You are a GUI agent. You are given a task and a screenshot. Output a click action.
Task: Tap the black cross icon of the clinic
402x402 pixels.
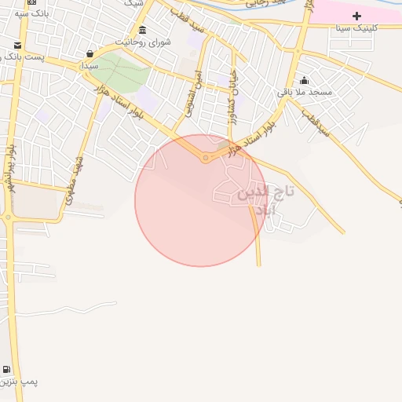click(356, 16)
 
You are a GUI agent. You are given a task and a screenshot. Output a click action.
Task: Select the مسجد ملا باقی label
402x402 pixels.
click(305, 93)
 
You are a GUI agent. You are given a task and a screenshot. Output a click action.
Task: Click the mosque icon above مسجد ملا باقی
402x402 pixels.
click(305, 81)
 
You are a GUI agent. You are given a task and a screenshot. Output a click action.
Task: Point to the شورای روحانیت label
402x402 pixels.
click(142, 41)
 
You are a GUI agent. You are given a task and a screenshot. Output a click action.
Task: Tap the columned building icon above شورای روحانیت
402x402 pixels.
click(142, 30)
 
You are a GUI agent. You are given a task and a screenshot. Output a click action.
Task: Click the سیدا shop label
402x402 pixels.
click(90, 65)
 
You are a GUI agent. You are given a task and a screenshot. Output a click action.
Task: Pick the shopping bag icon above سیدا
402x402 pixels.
click(90, 54)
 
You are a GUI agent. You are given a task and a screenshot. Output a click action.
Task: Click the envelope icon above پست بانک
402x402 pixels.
click(17, 46)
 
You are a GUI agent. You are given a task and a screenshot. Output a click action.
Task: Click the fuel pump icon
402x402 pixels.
click(7, 370)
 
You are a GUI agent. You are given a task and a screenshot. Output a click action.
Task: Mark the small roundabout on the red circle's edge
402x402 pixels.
click(206, 158)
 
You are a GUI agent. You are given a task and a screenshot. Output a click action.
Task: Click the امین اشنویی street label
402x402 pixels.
click(192, 97)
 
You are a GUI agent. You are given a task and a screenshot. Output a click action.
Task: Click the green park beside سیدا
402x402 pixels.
click(122, 71)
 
